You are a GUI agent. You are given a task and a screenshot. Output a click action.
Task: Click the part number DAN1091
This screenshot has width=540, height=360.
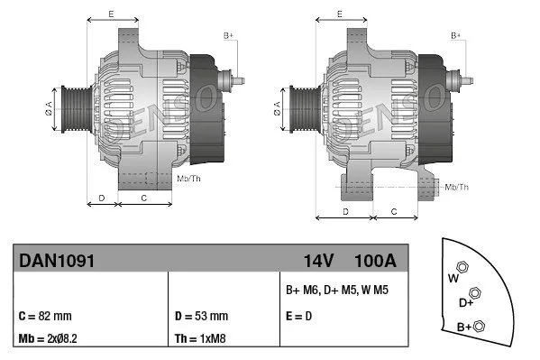(x=57, y=261)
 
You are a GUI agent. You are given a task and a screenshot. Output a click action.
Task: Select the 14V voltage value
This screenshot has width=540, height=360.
(x=318, y=261)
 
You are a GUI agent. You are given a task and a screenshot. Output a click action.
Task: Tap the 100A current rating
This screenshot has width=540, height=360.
(x=376, y=261)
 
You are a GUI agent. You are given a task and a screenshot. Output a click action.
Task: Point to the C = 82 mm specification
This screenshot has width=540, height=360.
(x=44, y=317)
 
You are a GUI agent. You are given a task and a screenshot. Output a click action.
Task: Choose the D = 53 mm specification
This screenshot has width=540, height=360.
(x=200, y=317)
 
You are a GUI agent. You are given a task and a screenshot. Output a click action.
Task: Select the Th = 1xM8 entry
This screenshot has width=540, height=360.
(x=199, y=339)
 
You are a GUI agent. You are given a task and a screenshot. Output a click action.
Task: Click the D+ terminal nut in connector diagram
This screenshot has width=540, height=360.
(x=476, y=293)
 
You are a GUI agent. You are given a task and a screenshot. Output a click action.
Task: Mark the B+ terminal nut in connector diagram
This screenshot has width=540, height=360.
(x=480, y=326)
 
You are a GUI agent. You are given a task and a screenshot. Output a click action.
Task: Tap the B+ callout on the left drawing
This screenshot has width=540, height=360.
(x=228, y=35)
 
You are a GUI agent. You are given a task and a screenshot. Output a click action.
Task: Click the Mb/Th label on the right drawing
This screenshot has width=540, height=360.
(x=457, y=187)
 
